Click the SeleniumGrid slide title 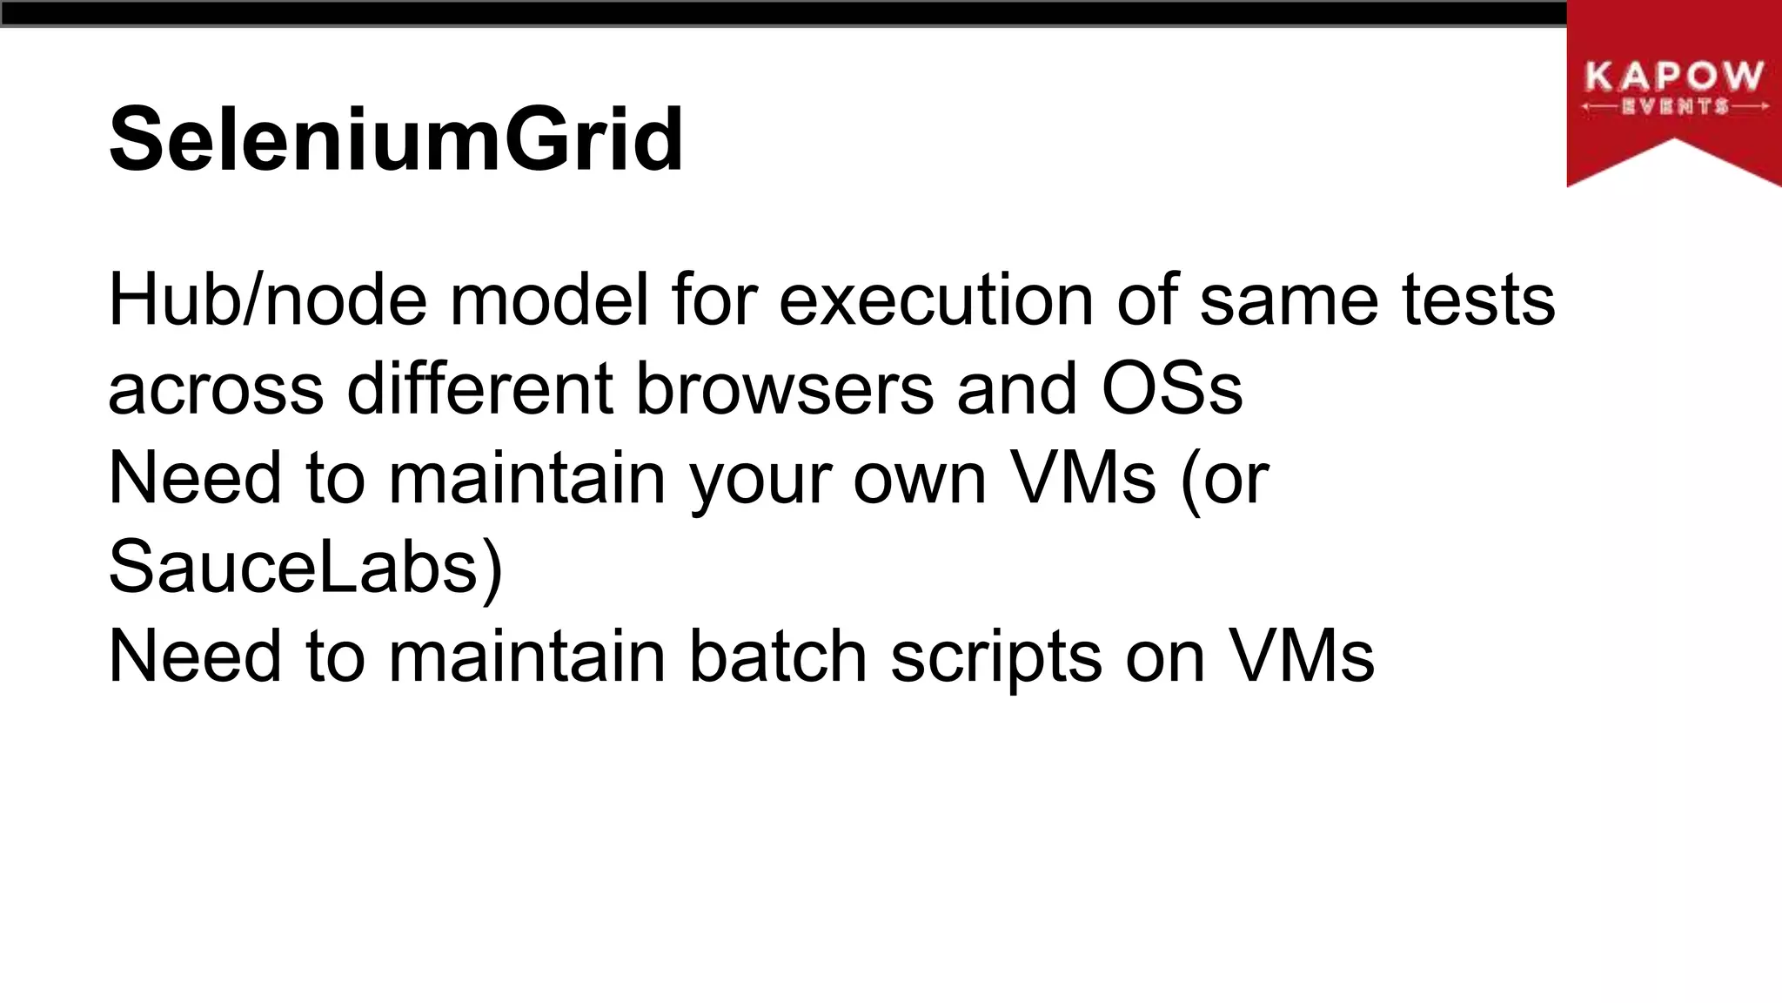[x=396, y=139]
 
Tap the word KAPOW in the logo [x=1674, y=77]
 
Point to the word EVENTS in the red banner [x=1675, y=107]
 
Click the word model [x=549, y=300]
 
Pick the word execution [x=935, y=300]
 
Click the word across [x=216, y=389]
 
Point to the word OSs [x=1172, y=389]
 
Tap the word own [x=919, y=478]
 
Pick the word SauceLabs [x=296, y=568]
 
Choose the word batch [x=778, y=656]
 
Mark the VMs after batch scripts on [x=1302, y=656]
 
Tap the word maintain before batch [x=526, y=656]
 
